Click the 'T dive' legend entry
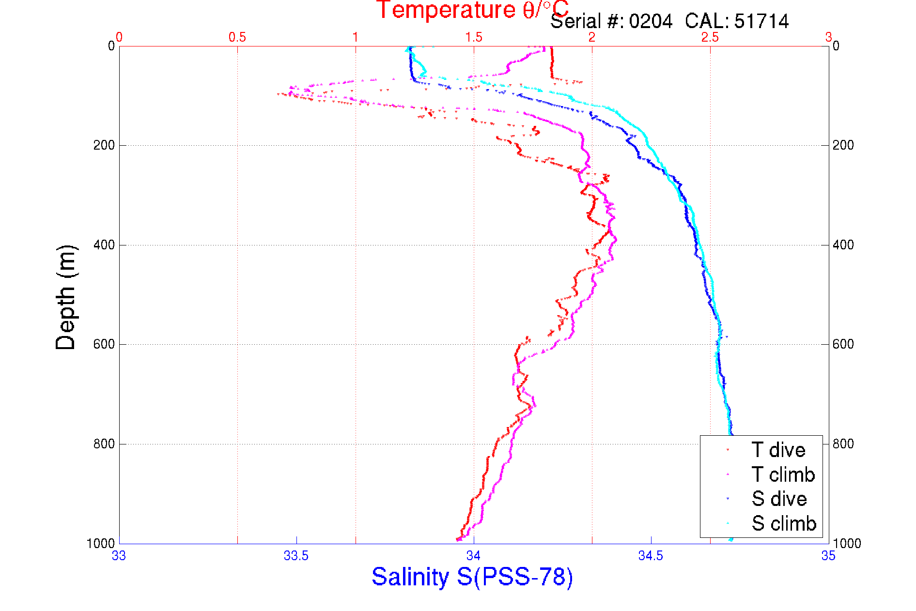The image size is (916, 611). (778, 450)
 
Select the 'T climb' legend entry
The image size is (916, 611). (783, 474)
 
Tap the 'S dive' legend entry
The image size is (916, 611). (779, 499)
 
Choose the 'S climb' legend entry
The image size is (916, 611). (784, 523)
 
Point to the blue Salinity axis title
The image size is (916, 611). (472, 577)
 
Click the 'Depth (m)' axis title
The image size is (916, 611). (66, 297)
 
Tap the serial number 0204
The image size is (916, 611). (651, 21)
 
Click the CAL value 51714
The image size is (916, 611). (761, 21)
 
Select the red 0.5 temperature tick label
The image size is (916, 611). (237, 37)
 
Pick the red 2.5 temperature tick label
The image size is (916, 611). (710, 37)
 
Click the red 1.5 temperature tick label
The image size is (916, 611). (474, 37)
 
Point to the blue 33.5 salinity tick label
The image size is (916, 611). (296, 556)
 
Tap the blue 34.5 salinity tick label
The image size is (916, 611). (651, 556)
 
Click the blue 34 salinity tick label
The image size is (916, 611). (473, 556)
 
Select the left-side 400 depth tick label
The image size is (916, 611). (104, 245)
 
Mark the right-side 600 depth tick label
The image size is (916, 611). (843, 344)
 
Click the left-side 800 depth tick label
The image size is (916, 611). (104, 444)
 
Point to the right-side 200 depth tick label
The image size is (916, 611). (843, 145)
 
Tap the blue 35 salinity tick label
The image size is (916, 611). (828, 556)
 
